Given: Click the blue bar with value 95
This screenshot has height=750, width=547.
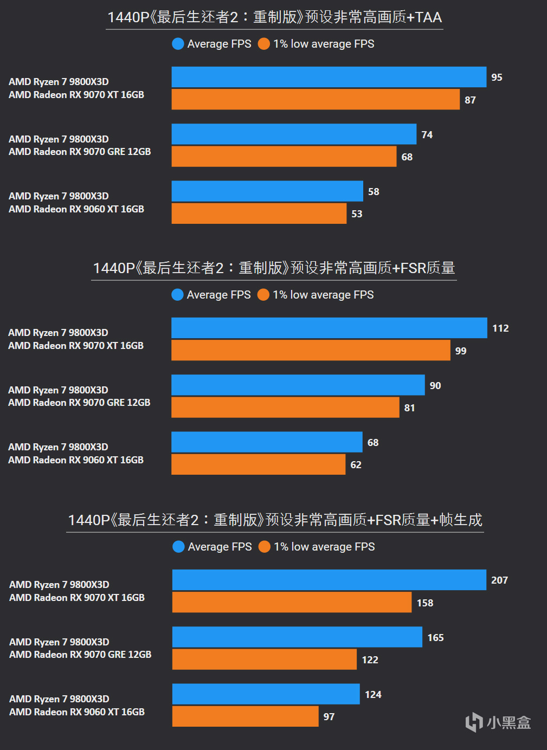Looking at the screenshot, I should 329,77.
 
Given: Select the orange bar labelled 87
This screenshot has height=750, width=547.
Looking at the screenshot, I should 316,100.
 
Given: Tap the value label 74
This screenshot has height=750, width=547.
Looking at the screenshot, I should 427,135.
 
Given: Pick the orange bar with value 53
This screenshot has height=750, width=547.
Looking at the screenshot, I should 259,214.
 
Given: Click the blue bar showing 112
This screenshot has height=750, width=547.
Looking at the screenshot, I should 329,328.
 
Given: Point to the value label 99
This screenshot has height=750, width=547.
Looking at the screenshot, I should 461,351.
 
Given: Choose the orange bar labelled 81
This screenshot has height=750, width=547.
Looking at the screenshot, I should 285,408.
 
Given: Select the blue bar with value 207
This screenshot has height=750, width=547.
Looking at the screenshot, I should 329,580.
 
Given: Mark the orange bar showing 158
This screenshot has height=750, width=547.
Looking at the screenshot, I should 292,603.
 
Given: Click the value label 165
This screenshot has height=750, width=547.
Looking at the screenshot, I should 435,638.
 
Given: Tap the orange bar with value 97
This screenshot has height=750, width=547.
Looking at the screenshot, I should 245,716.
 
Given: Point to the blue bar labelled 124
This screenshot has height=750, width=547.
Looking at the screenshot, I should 266,694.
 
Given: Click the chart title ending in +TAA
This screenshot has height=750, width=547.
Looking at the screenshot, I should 274,17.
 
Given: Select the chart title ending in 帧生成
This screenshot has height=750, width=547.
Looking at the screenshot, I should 275,520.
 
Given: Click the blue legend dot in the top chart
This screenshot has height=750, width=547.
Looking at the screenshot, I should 178,44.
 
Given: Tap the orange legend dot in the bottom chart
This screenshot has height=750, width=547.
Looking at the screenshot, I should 265,547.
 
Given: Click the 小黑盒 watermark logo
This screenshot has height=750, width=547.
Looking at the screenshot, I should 498,722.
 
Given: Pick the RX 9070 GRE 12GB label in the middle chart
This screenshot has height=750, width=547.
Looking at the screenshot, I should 79,403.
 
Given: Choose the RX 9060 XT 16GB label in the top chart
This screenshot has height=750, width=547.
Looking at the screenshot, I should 76,209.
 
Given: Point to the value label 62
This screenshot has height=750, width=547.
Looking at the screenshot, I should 356,465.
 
